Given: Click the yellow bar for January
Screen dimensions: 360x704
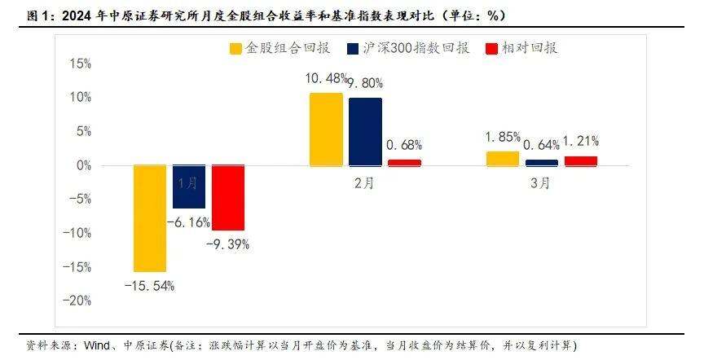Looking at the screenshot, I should (x=150, y=217).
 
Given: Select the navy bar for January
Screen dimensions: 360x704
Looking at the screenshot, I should (x=189, y=186).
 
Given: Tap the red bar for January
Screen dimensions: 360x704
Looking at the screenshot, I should (x=228, y=197).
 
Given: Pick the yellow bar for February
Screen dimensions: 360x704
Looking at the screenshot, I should (x=326, y=129).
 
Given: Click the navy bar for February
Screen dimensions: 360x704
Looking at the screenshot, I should (x=365, y=131).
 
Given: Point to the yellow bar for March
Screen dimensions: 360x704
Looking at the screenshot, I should (x=502, y=158).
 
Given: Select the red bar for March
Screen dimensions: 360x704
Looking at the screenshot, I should (x=580, y=160).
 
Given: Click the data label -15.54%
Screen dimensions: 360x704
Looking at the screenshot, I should (x=149, y=285).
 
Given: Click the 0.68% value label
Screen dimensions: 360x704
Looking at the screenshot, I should (x=404, y=145).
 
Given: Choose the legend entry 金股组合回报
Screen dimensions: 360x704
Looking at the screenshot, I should (x=279, y=48).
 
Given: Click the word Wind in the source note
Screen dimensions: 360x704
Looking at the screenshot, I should (x=97, y=345).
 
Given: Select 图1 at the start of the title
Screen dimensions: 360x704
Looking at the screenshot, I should (x=17, y=15).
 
